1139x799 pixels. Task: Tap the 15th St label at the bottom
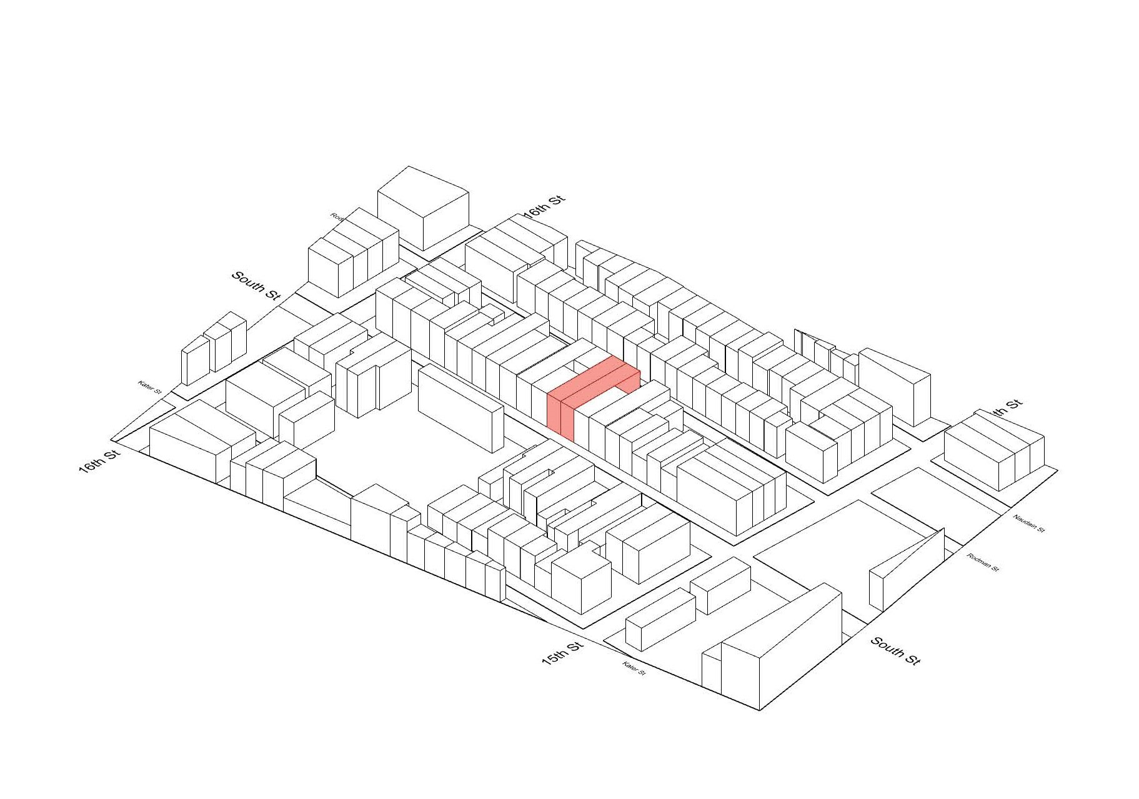(x=562, y=653)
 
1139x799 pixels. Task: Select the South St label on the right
(x=895, y=651)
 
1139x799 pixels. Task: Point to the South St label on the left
(x=256, y=285)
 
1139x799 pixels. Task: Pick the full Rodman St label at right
(x=983, y=562)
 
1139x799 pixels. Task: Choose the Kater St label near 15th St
(x=634, y=668)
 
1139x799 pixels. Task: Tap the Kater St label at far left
(x=150, y=387)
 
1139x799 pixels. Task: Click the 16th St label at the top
(x=544, y=207)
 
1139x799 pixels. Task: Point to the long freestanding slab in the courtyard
(x=460, y=408)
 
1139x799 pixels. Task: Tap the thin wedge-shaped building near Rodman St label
(x=906, y=572)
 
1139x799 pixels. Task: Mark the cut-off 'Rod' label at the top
(x=337, y=217)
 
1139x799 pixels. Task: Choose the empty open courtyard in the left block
(x=375, y=456)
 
